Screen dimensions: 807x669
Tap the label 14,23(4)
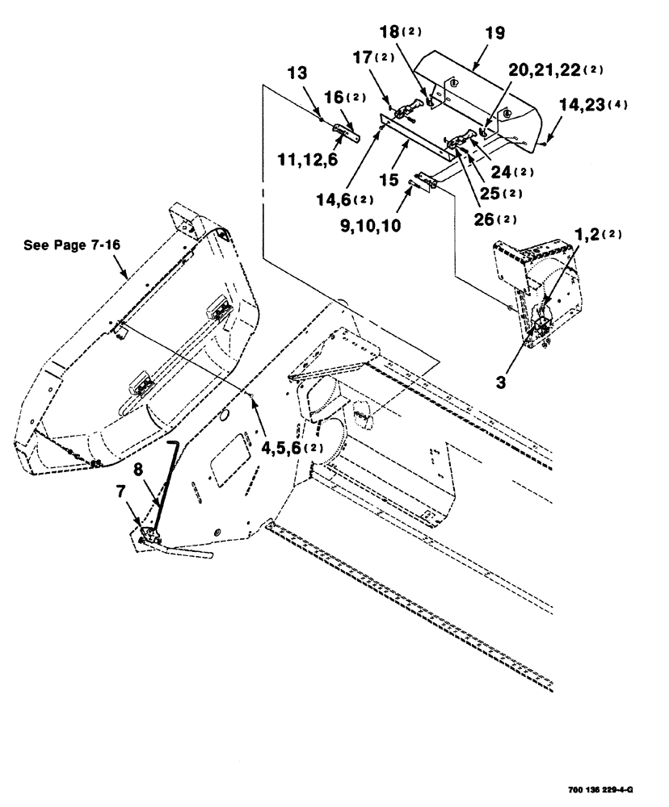point(589,104)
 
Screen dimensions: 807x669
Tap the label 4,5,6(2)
point(295,447)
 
